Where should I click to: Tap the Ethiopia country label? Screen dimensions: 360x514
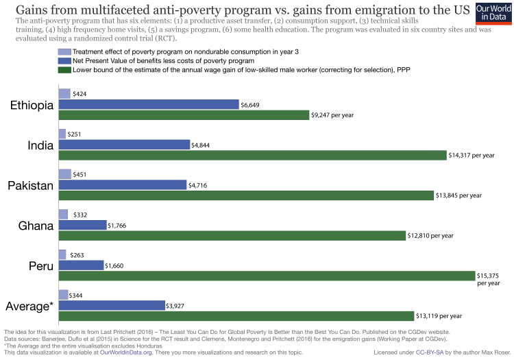click(32, 105)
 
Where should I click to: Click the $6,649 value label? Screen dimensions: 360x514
click(250, 105)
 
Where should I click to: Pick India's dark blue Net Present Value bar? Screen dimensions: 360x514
click(124, 145)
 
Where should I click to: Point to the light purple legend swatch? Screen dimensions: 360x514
click(64, 51)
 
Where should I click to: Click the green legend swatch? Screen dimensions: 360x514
click(64, 69)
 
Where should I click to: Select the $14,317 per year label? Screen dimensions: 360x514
click(471, 156)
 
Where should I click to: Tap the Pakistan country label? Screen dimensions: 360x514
click(31, 185)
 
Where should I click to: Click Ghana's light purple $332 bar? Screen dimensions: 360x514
click(63, 215)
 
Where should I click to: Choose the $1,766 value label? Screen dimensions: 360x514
click(119, 225)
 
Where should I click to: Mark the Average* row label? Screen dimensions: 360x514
click(29, 305)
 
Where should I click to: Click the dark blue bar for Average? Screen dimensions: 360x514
click(112, 305)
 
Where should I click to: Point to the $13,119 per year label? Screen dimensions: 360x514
click(439, 316)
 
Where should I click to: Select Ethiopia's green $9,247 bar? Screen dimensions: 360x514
click(184, 115)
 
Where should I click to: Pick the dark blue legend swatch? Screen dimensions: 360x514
click(64, 60)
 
